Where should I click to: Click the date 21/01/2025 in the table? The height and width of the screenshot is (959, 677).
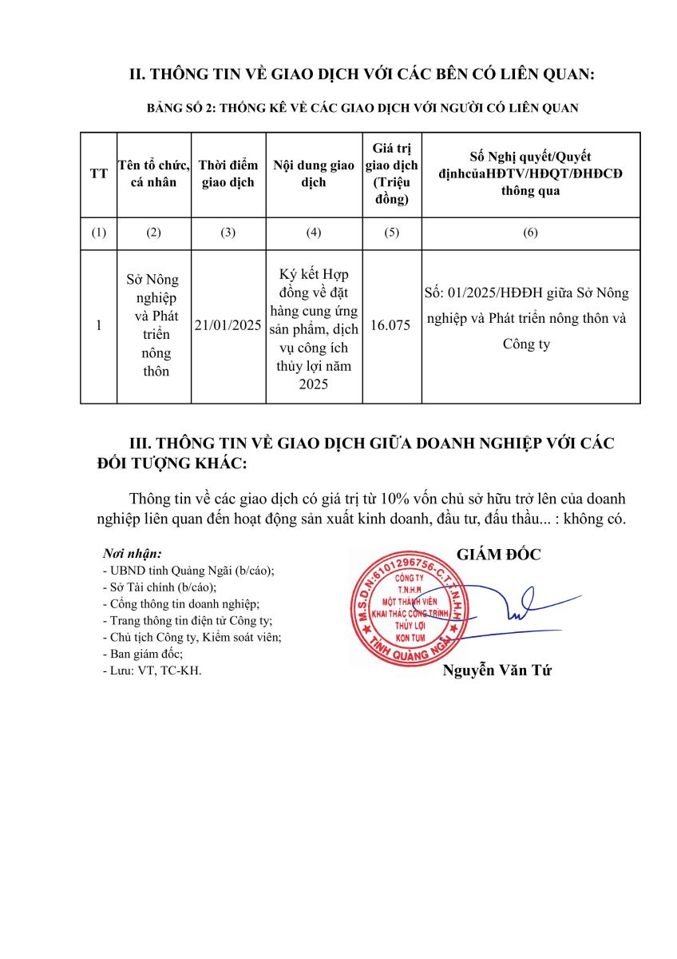coord(228,326)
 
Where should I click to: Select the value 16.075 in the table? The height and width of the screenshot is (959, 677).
coord(391,326)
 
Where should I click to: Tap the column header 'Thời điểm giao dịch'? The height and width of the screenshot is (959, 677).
coord(228,173)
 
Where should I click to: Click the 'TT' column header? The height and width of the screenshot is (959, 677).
coord(99,173)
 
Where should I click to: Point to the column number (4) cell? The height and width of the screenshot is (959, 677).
coord(314,233)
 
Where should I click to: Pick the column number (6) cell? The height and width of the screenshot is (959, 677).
coord(530,233)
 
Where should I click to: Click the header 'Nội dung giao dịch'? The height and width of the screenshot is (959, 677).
coord(314,173)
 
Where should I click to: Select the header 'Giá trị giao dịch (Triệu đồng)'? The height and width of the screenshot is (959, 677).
coord(391,173)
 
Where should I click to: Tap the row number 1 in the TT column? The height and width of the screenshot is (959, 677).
coord(99,326)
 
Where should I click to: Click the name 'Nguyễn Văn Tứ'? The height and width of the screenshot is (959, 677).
coord(497,671)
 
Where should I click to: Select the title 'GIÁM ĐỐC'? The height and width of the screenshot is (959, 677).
coord(498,555)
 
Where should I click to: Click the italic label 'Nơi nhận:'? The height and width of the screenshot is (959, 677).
coord(133,553)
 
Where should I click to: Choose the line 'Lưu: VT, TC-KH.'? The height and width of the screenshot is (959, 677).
coord(152,671)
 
